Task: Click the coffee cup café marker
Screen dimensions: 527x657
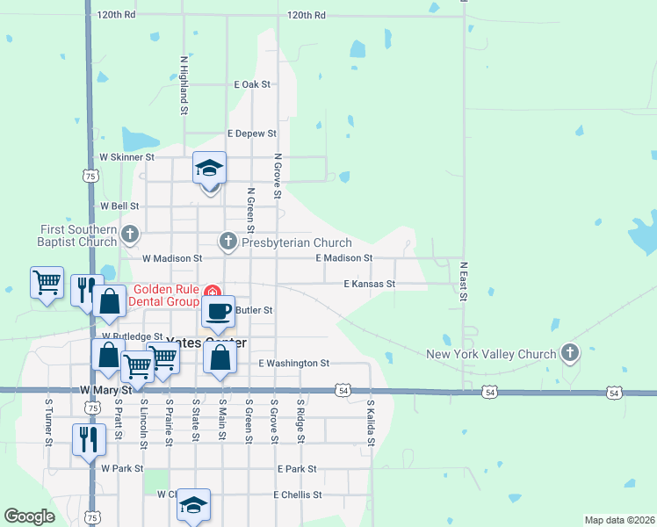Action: click(219, 310)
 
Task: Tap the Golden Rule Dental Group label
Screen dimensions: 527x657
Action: click(166, 296)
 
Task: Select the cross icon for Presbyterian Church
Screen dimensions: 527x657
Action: click(228, 241)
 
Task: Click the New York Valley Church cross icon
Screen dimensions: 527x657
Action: click(570, 353)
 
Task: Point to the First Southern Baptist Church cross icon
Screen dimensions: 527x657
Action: click(130, 234)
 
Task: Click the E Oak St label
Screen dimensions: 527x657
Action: click(253, 84)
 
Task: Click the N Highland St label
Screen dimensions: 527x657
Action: click(184, 86)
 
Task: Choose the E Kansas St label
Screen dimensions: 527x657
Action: click(370, 285)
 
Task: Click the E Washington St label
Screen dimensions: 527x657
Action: click(293, 363)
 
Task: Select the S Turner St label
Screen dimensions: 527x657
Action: click(48, 421)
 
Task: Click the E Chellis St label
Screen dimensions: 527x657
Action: click(297, 495)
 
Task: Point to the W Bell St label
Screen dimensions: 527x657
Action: click(120, 206)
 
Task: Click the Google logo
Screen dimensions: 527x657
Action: click(30, 516)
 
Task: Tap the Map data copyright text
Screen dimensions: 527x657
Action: click(618, 520)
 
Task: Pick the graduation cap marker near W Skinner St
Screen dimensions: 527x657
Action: click(210, 168)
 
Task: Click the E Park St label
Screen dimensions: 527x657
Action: click(296, 469)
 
